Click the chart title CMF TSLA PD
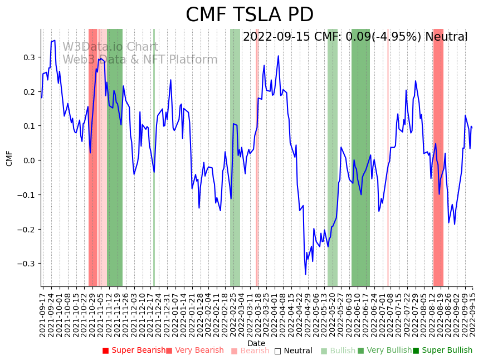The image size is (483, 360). tap(249, 15)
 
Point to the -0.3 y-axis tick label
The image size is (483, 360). tap(27, 264)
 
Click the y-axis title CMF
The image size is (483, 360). tap(9, 158)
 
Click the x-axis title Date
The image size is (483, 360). tap(256, 343)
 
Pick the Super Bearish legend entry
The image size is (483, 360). tap(134, 351)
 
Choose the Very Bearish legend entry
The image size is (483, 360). tap(195, 351)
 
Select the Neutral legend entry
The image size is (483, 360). tap(293, 351)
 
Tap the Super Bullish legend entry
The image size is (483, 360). tap(442, 351)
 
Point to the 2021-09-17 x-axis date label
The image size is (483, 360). tap(43, 312)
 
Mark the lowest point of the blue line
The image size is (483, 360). tap(305, 274)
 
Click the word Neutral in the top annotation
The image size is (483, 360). tap(446, 37)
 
